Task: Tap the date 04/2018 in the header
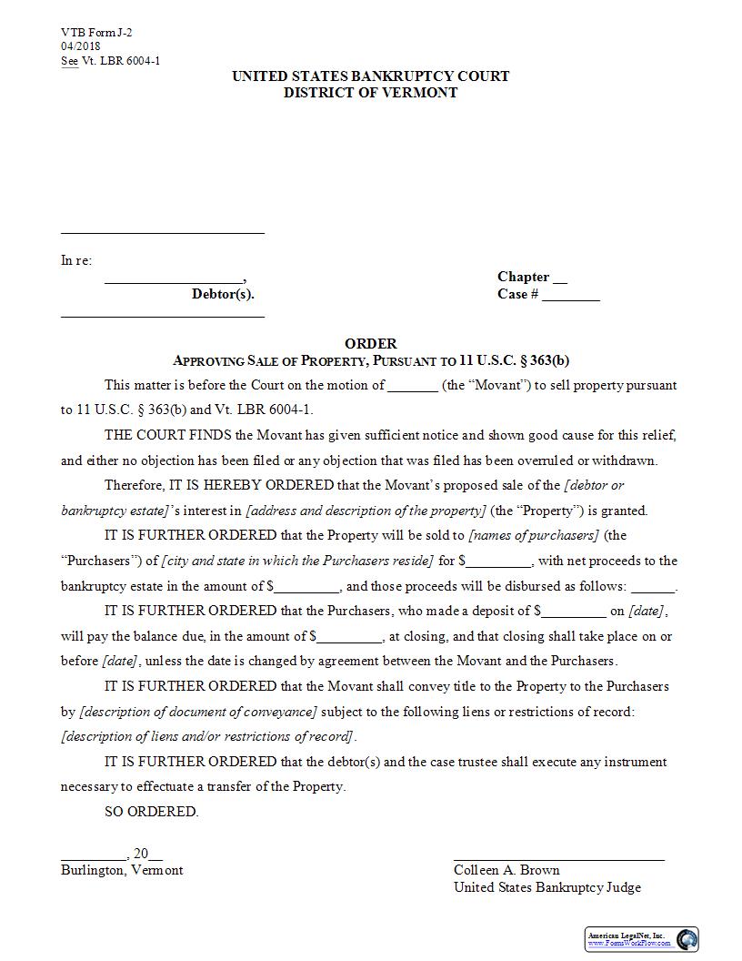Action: tap(81, 46)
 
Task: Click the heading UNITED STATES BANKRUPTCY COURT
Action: tap(370, 76)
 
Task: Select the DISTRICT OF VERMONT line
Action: tap(370, 93)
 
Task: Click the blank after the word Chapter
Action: tap(560, 278)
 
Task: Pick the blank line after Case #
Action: tap(571, 296)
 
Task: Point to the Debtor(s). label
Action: tap(223, 294)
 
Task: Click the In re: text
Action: tap(76, 260)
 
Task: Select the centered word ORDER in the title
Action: tap(370, 344)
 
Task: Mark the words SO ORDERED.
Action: tap(151, 812)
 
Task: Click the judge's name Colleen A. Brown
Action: tap(506, 870)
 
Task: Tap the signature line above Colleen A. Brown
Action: tap(558, 858)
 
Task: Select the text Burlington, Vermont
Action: tap(122, 870)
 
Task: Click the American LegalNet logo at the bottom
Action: tap(642, 939)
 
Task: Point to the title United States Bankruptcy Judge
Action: tap(547, 887)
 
